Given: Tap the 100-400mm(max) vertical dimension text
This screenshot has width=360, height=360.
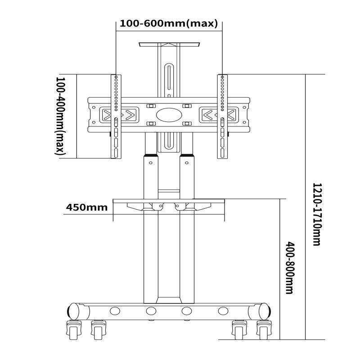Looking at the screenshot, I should pos(60,116).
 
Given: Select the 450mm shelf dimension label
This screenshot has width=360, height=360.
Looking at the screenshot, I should pos(86,207).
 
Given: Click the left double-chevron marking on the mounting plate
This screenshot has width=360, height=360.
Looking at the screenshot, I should pos(119,114).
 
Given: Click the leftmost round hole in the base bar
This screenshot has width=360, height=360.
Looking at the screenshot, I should pos(115,310).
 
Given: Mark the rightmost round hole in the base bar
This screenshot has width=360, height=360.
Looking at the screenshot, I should pos(222,310).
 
